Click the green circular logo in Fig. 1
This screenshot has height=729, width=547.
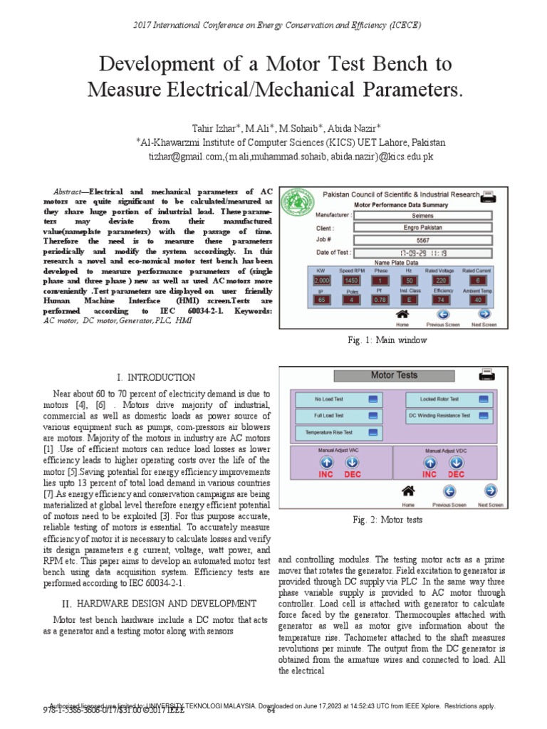(x=298, y=206)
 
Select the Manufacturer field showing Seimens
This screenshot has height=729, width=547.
(x=422, y=215)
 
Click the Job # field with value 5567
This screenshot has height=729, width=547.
(x=422, y=240)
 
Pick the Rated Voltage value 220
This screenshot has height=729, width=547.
(x=442, y=280)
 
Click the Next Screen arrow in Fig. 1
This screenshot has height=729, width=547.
(x=484, y=313)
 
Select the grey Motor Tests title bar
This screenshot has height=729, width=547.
(x=394, y=375)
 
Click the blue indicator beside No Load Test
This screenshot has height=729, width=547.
(x=373, y=399)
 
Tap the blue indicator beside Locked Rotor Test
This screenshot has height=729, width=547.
(x=484, y=399)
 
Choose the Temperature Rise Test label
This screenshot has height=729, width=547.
(x=330, y=432)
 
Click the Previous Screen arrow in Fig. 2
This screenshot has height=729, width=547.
(x=449, y=491)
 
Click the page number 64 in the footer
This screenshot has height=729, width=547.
(x=271, y=710)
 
